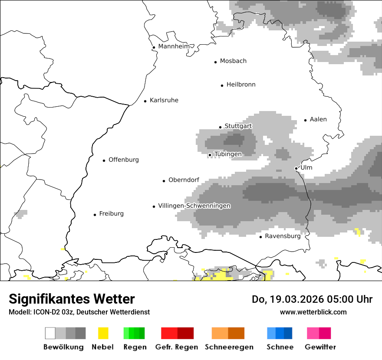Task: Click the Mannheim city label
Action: click(174, 46)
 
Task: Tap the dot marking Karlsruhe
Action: click(145, 101)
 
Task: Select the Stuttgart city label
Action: click(238, 126)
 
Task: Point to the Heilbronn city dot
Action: click(222, 85)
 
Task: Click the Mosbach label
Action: click(233, 61)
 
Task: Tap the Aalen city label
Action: click(318, 119)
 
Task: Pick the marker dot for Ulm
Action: click(296, 168)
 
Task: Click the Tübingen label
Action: click(228, 154)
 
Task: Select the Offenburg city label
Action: click(124, 160)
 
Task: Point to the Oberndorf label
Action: click(184, 180)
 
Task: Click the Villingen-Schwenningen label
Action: click(194, 206)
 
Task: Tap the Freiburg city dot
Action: click(95, 215)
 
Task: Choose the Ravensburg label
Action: click(283, 236)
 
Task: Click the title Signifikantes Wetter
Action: click(72, 299)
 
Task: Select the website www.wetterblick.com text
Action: click(313, 312)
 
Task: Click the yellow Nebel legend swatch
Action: click(103, 333)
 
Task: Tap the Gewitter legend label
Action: click(320, 347)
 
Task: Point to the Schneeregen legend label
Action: click(229, 347)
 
